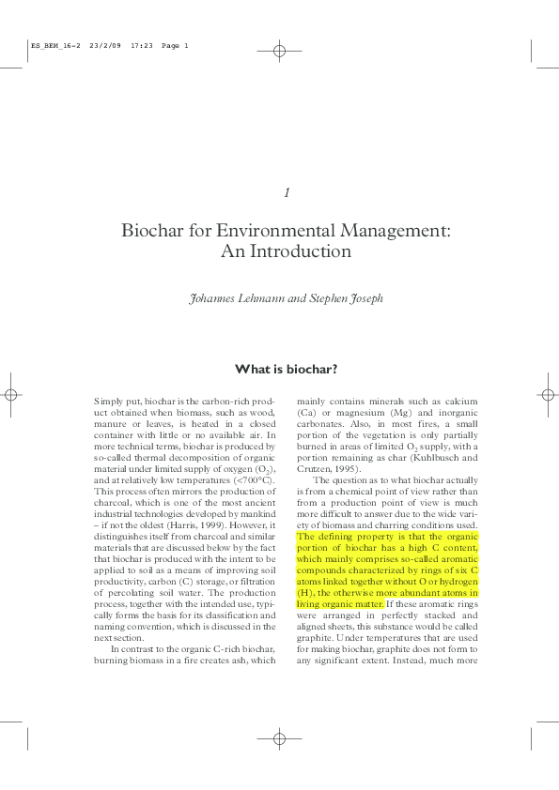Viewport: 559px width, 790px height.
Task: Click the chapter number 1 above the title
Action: tap(287, 192)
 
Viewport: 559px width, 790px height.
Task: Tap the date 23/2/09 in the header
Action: tap(104, 46)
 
